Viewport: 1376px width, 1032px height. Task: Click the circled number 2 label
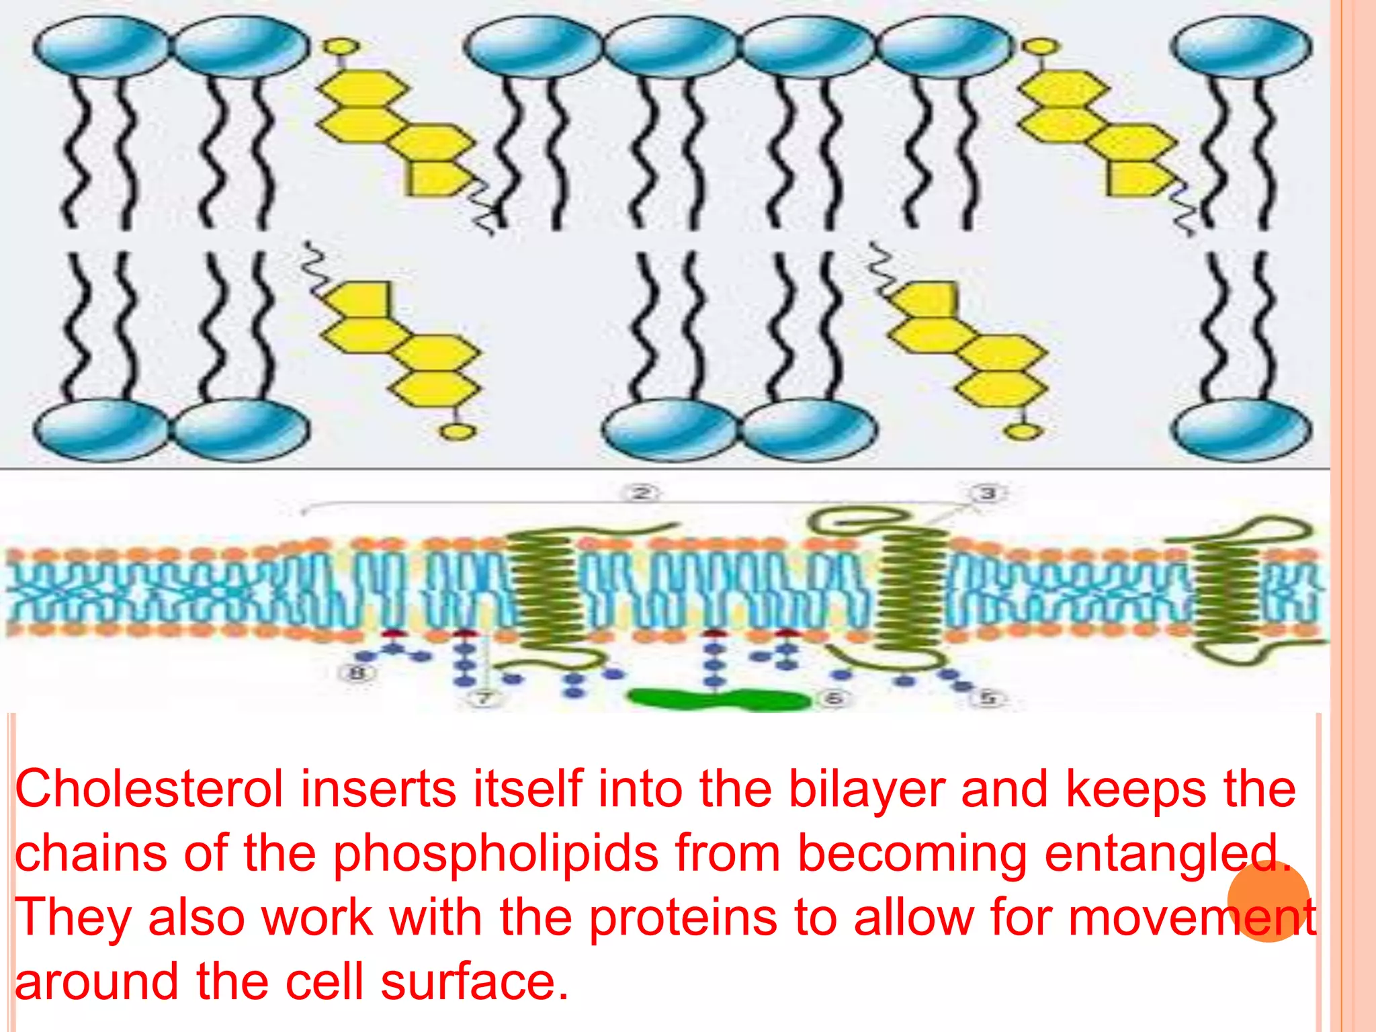point(642,494)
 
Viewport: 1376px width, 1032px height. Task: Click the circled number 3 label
point(987,494)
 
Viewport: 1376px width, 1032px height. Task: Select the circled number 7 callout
point(484,699)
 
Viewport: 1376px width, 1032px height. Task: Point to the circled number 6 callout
point(833,699)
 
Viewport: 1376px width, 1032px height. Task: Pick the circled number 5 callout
point(988,698)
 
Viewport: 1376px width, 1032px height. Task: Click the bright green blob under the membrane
point(719,700)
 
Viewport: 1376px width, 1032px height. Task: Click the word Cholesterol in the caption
point(148,790)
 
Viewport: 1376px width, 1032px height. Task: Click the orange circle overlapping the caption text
point(1268,901)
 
